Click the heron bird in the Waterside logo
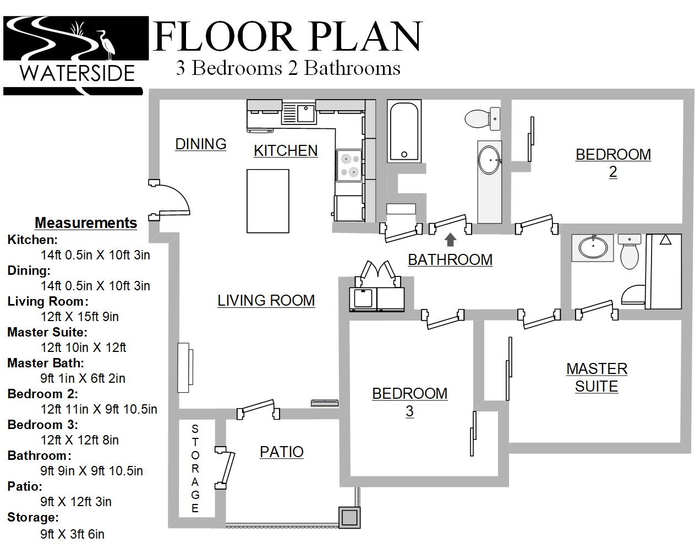click(108, 45)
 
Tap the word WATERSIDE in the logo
click(77, 73)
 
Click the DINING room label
click(200, 144)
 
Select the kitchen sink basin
click(305, 113)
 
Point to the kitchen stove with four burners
click(349, 166)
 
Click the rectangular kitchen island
click(268, 201)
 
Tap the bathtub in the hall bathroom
click(404, 131)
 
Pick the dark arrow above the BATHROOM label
click(450, 240)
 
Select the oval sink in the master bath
click(593, 248)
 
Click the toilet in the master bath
click(630, 252)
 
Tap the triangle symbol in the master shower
click(665, 240)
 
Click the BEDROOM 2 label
click(613, 163)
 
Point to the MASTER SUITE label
click(597, 378)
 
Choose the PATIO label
click(282, 452)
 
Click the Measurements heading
click(86, 223)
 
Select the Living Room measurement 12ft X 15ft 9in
click(79, 317)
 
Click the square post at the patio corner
click(349, 517)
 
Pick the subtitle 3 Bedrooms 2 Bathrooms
click(288, 68)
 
